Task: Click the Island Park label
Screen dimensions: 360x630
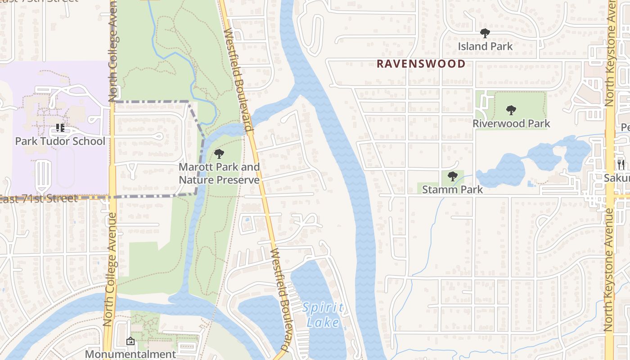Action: pyautogui.click(x=485, y=46)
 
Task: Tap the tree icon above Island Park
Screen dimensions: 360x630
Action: pyautogui.click(x=485, y=33)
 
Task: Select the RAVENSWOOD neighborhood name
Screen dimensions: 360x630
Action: pyautogui.click(x=421, y=64)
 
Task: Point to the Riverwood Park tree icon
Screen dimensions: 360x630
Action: pyautogui.click(x=511, y=110)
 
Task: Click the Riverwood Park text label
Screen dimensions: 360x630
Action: pyautogui.click(x=511, y=123)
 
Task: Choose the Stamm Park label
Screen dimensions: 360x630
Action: pyautogui.click(x=452, y=189)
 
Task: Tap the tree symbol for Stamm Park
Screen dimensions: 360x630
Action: pyautogui.click(x=453, y=176)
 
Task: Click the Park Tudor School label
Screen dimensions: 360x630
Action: pyautogui.click(x=60, y=141)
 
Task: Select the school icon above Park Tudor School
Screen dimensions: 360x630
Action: pyautogui.click(x=60, y=128)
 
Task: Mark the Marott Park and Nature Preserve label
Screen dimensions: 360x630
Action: pyautogui.click(x=219, y=173)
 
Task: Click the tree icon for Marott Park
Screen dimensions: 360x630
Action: pyautogui.click(x=219, y=154)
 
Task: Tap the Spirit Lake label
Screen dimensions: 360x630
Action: pyautogui.click(x=323, y=315)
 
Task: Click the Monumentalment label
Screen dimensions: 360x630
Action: pyautogui.click(x=130, y=354)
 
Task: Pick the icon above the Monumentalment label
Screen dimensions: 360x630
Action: pyautogui.click(x=130, y=341)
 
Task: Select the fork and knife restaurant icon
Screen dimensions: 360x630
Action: pyautogui.click(x=621, y=164)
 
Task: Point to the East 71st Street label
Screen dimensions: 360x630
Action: pyautogui.click(x=39, y=198)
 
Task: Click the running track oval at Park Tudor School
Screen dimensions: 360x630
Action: pyautogui.click(x=66, y=166)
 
